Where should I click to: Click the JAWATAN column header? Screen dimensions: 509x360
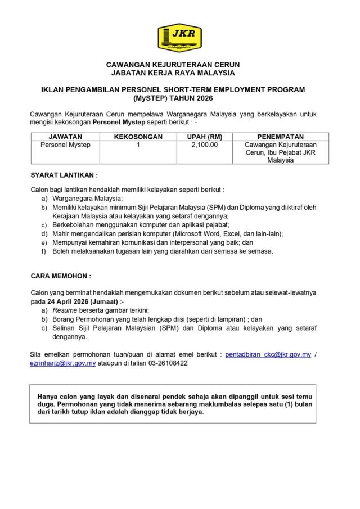[65, 137]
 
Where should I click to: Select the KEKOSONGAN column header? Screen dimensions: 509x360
[138, 137]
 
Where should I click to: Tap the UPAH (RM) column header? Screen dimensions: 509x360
[205, 137]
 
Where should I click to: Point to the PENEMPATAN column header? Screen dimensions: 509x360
[280, 137]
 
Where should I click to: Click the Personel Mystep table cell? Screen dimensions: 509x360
[65, 145]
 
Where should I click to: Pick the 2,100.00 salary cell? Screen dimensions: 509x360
[205, 145]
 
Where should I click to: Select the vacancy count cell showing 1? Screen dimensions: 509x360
[138, 145]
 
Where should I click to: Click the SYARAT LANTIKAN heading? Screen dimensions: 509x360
[64, 175]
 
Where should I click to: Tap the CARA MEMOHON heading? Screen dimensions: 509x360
[60, 277]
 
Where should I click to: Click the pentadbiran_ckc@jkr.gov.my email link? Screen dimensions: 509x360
[268, 355]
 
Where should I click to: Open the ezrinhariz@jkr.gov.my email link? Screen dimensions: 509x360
[63, 364]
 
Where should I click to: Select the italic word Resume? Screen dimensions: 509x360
[65, 310]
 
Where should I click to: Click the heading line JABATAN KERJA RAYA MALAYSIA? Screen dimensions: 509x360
[179, 73]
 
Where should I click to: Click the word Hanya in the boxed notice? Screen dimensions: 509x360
[47, 395]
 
